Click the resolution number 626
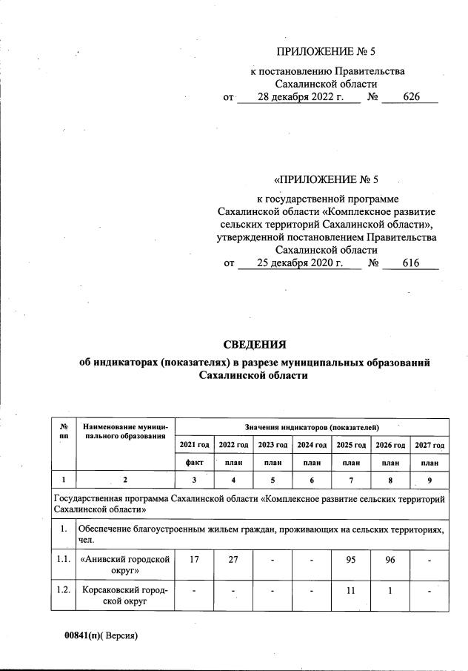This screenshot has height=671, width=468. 412,97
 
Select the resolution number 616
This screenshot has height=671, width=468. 410,262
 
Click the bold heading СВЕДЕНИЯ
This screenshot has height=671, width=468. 254,343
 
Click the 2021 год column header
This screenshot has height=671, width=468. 194,445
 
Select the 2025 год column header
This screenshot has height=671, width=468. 351,445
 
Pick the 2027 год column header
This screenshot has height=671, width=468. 429,445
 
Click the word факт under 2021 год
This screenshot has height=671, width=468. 194,461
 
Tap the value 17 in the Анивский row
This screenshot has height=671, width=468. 194,561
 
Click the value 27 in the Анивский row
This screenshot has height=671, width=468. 233,561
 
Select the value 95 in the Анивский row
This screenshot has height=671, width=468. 351,561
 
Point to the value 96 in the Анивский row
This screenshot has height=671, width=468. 390,561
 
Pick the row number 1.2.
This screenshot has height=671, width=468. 64,592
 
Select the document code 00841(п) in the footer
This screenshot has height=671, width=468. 82,635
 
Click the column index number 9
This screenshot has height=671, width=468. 429,480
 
